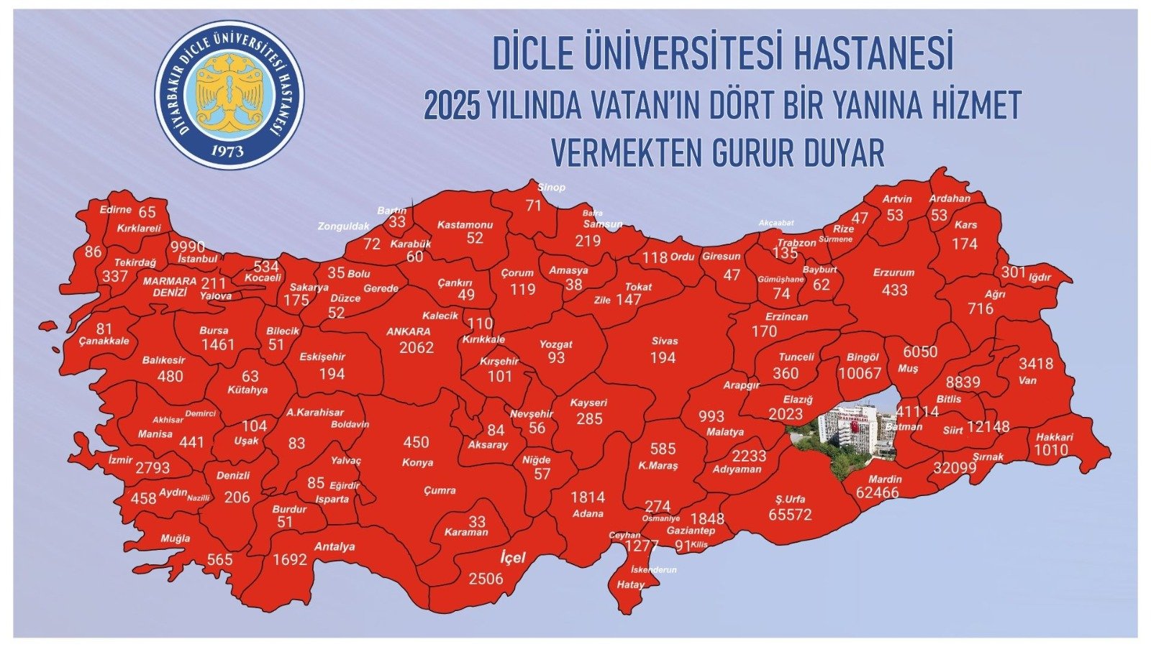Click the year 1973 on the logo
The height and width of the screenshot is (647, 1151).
228,150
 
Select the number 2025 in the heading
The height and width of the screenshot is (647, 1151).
452,106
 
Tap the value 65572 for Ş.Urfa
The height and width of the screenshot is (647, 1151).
790,515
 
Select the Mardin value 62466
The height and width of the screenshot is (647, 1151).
877,493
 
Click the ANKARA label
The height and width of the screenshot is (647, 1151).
408,332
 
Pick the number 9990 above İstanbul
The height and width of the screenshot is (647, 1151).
188,247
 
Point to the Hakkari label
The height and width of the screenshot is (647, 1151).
1055,437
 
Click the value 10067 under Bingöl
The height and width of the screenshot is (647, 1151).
859,373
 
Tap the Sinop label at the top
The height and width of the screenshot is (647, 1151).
552,188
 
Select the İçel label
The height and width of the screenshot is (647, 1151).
513,557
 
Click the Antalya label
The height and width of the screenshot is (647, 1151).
335,546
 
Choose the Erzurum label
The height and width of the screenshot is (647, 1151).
893,273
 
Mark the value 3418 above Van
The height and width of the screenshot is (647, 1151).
1036,364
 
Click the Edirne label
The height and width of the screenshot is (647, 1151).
116,210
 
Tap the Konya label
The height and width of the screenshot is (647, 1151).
417,463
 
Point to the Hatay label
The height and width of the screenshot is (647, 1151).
630,585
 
